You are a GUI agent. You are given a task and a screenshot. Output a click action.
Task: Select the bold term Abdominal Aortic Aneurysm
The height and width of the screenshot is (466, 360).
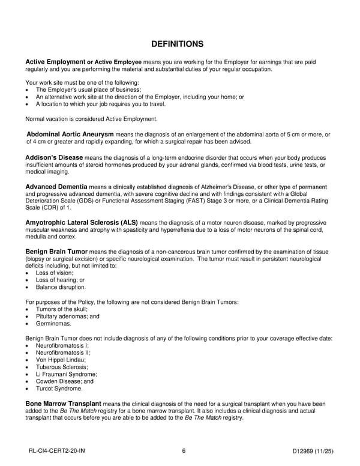tap(70, 134)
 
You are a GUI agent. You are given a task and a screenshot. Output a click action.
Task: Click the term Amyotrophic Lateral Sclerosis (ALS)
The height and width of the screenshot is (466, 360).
tap(81, 223)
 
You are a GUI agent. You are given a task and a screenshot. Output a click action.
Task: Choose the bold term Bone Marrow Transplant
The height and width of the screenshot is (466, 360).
tap(64, 403)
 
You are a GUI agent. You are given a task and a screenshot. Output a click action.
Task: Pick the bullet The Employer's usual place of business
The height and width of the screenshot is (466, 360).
tap(88, 89)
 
